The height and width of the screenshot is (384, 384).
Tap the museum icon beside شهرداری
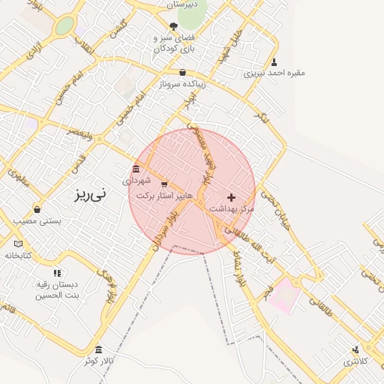(x=135, y=169)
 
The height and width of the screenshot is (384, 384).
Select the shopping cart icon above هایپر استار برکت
(x=164, y=184)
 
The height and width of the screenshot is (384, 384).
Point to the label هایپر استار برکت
(x=164, y=196)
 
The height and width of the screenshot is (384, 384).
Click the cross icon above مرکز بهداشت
(x=230, y=196)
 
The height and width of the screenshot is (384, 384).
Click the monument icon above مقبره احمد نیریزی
(x=274, y=62)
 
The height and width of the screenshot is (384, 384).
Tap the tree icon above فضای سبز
(x=173, y=26)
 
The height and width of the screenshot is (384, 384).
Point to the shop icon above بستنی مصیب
(x=37, y=209)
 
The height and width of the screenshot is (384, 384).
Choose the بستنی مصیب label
(x=37, y=222)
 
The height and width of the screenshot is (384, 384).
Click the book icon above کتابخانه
(x=19, y=244)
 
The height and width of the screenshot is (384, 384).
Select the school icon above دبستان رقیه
(x=56, y=273)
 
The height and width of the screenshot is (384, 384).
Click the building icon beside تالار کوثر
(x=99, y=350)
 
